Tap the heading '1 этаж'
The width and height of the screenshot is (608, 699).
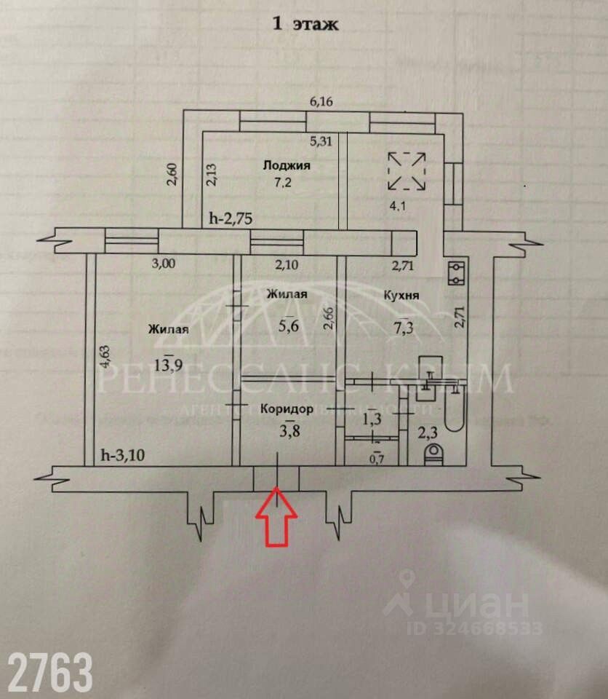(x=305, y=25)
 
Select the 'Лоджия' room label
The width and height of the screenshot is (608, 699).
(x=287, y=165)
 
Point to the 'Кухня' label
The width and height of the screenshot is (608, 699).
(x=400, y=295)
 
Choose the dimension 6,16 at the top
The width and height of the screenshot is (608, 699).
(x=321, y=102)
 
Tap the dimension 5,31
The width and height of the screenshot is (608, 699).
(x=321, y=142)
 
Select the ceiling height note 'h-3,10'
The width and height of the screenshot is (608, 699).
(x=121, y=457)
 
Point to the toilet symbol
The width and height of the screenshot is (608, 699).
(x=434, y=455)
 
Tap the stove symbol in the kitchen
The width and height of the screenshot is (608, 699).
(x=457, y=273)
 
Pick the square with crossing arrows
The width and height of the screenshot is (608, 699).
(x=407, y=170)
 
